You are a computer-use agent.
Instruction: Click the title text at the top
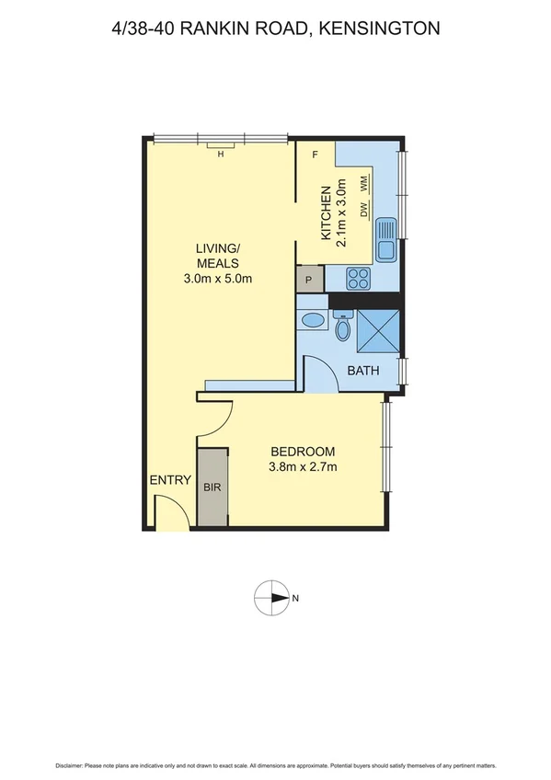click(x=274, y=29)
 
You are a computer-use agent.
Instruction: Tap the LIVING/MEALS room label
click(x=218, y=256)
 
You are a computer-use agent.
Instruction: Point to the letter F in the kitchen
click(x=316, y=155)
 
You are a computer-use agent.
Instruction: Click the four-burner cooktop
click(x=357, y=279)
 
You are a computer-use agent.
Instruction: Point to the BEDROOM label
click(x=303, y=452)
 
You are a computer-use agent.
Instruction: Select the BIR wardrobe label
click(x=212, y=488)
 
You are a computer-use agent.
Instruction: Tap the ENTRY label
click(x=170, y=479)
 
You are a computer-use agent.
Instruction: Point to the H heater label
click(x=221, y=155)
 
